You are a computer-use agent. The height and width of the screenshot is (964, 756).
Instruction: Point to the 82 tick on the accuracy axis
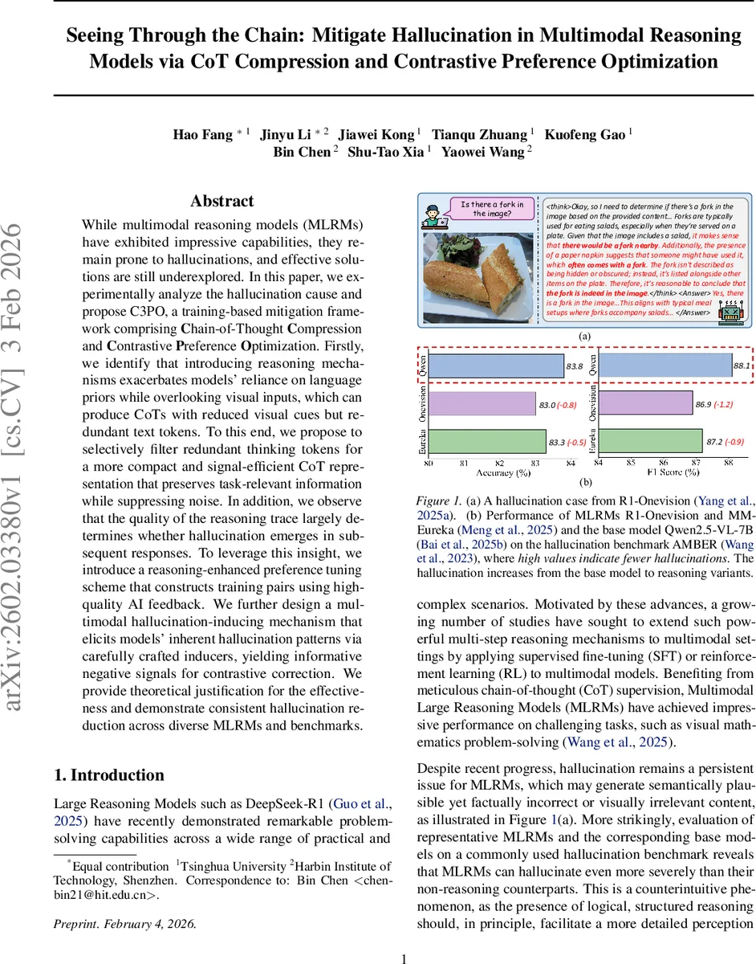500,464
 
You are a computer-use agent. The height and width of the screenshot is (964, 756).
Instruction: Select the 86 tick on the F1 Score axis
663,464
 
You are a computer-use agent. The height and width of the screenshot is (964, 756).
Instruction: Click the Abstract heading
222,201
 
